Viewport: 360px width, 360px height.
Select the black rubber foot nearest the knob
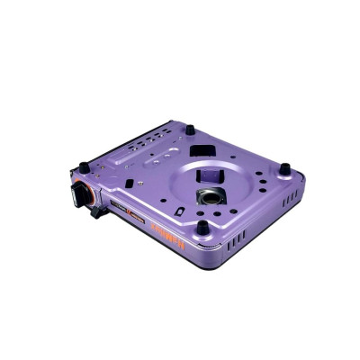[84, 166]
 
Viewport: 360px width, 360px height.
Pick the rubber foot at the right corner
[284, 168]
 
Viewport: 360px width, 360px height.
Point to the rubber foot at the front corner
[204, 228]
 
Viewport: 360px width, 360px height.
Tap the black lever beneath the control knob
[94, 213]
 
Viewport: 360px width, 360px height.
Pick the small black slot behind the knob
[129, 183]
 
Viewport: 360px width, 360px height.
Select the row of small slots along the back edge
[146, 143]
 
